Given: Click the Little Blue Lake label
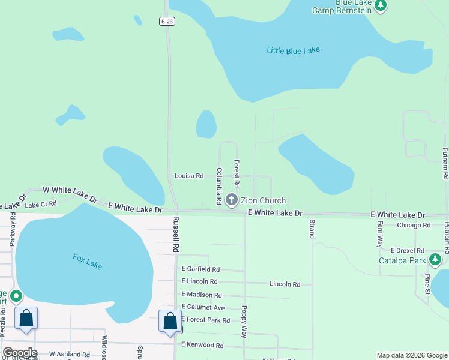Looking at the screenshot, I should click(293, 50).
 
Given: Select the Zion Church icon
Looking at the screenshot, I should click(232, 200).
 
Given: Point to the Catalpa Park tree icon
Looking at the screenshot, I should click(435, 260).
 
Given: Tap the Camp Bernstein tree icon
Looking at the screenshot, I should click(380, 5).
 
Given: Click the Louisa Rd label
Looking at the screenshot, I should click(189, 176).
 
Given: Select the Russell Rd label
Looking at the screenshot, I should click(176, 234).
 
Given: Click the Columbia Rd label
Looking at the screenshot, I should click(220, 185).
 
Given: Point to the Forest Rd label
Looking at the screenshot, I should click(237, 173).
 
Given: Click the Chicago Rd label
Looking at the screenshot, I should click(414, 226).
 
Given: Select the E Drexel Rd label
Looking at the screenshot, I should click(408, 250).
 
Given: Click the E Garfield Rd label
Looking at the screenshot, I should click(200, 269).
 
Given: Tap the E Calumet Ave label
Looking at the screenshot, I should click(202, 307).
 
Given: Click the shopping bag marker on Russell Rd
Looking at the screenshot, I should click(170, 320).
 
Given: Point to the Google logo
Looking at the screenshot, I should click(20, 353).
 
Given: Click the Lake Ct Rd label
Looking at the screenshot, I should click(41, 204).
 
